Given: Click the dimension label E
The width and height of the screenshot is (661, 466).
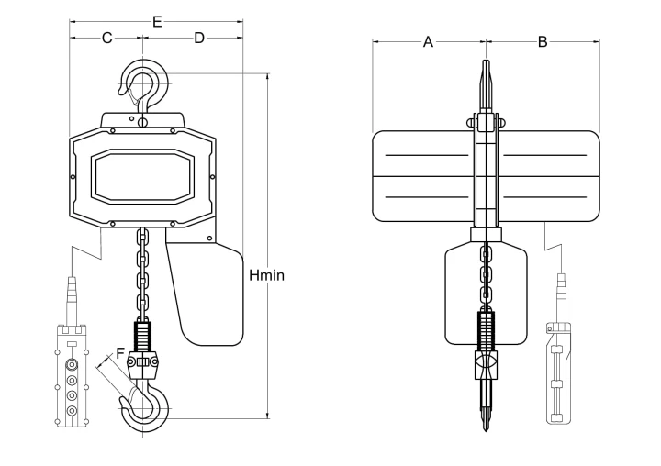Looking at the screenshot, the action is [x=157, y=21].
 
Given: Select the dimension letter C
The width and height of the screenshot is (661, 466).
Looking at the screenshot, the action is [x=107, y=38].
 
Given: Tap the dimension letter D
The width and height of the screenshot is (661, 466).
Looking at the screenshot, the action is [x=199, y=38].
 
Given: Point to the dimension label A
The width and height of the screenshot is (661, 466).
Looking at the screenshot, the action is [x=428, y=42].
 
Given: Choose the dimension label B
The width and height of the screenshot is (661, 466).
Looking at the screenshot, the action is [x=543, y=42].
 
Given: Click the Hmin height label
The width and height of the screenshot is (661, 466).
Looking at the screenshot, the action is [x=266, y=275].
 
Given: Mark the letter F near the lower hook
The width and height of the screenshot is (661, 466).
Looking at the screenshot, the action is [x=120, y=352].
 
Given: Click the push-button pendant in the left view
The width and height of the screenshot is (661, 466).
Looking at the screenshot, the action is [x=73, y=375].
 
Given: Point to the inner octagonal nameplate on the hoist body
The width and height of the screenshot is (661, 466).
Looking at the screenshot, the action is [x=143, y=176].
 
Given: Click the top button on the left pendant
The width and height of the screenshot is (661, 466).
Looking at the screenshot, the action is [x=73, y=363].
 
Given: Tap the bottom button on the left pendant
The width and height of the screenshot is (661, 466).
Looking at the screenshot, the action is [x=73, y=410].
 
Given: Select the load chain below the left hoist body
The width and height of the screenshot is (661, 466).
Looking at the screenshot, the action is [x=142, y=274].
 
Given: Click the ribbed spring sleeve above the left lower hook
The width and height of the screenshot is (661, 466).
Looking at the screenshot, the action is [x=142, y=337].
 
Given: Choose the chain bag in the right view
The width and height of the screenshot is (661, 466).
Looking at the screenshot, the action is [x=486, y=295].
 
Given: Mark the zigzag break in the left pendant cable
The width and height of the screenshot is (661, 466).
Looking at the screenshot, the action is [x=87, y=250].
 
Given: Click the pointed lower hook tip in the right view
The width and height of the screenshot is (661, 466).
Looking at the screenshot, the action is [x=486, y=429].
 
